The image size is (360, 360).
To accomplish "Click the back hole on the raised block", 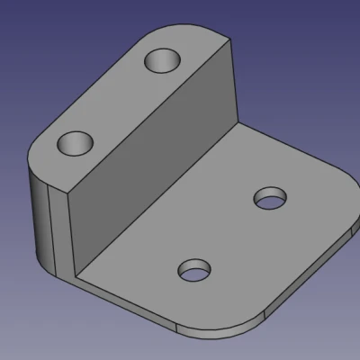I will (164, 62).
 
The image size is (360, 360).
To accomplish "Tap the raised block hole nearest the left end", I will (76, 143).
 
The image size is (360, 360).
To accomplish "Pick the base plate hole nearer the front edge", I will (194, 270).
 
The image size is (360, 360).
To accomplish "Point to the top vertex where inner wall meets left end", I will (65, 190).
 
